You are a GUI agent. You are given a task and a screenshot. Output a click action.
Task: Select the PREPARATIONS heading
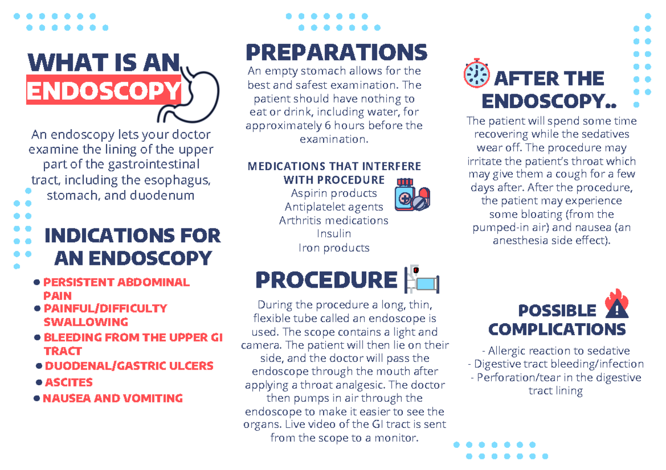point(336,53)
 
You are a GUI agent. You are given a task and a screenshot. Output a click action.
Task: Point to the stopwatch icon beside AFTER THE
point(476,74)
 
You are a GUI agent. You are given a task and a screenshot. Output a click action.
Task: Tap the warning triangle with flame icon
point(615,304)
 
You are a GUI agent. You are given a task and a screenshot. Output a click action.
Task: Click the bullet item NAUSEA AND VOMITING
point(113,399)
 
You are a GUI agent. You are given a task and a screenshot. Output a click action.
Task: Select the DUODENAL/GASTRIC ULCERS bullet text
point(129,366)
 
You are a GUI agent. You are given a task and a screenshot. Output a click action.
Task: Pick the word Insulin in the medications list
point(334,234)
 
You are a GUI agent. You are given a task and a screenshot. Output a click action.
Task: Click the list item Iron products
point(334,248)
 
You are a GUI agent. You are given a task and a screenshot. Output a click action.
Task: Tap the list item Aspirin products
point(334,193)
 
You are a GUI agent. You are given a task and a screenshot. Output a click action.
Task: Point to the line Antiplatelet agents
point(334,207)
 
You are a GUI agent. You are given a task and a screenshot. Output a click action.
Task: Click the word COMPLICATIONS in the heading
point(557,329)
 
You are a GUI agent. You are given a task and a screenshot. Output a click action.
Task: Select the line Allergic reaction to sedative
point(556,351)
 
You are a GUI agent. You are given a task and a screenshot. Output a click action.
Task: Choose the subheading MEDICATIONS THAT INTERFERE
point(334,166)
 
